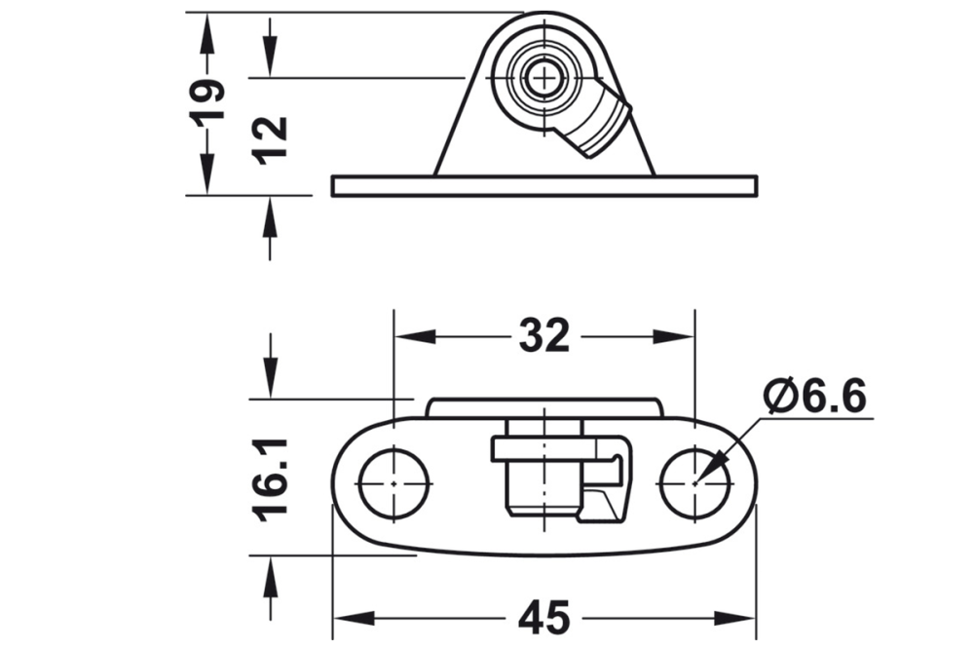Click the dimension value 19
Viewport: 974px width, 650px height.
(207, 101)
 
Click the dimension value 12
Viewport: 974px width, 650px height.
(271, 138)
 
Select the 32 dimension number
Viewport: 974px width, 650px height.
(543, 337)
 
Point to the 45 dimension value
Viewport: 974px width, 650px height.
(543, 618)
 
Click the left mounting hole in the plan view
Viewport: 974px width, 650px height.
(393, 482)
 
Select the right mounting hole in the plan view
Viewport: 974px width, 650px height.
(694, 482)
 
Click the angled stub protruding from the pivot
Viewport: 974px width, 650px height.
(597, 123)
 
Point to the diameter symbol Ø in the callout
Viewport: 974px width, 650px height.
(780, 397)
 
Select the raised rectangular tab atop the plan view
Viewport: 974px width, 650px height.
(543, 407)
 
